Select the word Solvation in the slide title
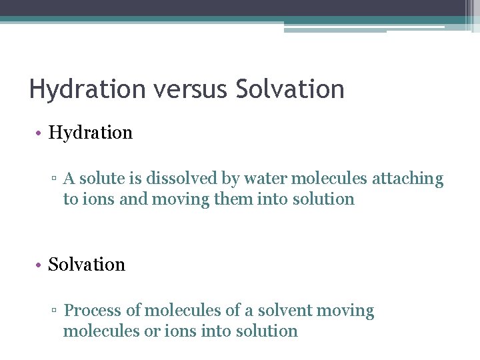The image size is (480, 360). (x=290, y=89)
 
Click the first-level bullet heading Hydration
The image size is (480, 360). (x=91, y=133)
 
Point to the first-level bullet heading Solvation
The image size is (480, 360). (x=87, y=265)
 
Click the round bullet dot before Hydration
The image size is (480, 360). (x=40, y=133)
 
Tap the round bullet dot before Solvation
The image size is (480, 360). (x=40, y=265)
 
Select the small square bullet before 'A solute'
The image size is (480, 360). (x=56, y=179)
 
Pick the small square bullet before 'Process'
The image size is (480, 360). (x=56, y=311)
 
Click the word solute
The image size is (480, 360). (x=101, y=179)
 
